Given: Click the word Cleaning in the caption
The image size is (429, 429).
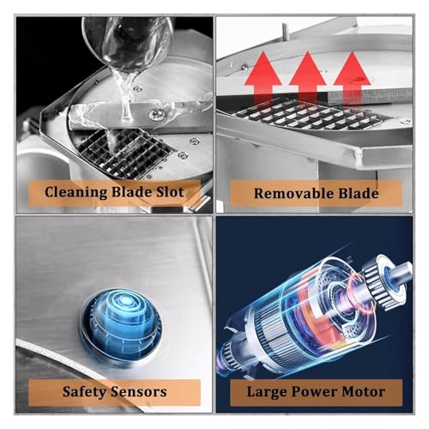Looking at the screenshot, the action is coord(76,192).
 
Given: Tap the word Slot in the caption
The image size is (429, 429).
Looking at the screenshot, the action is coord(170,191).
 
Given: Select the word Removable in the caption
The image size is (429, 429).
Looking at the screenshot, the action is coord(294,193).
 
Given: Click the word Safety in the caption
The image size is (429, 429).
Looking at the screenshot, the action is coord(84,392).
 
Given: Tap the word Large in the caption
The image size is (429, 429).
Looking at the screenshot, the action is coord(267,392).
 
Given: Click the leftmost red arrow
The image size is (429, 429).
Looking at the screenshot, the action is coord(263,77).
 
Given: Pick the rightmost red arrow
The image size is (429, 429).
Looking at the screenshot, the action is coord(352,75).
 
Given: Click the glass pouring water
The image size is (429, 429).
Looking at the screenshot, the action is coord(127,43).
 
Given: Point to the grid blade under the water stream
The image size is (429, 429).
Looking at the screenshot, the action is coord(126,153).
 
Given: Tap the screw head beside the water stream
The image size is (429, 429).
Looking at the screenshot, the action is coord(157,114).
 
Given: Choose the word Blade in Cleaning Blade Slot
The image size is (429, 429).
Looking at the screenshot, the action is coord(131,191).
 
